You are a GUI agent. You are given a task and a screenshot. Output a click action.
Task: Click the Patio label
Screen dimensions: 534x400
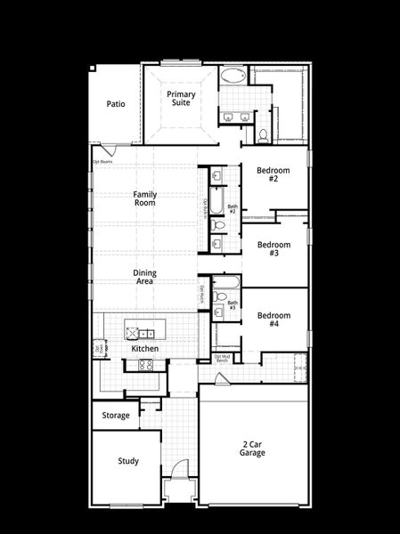pos(116,104)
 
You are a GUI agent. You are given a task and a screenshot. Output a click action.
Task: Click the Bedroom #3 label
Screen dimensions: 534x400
pos(274,248)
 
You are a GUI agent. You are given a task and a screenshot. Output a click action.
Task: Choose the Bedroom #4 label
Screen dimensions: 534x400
pos(274,320)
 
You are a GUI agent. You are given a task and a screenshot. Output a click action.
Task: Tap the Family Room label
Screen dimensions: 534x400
pos(144,198)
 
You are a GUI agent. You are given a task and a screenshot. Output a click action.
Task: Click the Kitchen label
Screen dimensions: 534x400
pos(144,349)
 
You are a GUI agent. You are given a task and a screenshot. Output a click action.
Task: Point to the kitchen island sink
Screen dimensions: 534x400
pos(135,335)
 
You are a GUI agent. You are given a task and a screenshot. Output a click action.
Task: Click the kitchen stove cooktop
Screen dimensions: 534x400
pos(147,364)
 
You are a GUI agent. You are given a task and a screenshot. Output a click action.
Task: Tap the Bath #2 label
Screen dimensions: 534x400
pos(232,209)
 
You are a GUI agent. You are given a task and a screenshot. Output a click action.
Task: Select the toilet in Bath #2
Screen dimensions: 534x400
pos(219,224)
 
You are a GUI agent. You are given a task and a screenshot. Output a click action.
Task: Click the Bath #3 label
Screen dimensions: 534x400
pos(233,305)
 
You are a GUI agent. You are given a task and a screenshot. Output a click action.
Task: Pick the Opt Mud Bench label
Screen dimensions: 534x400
pos(223,359)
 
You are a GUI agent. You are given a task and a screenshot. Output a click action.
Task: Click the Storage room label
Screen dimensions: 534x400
pos(116,415)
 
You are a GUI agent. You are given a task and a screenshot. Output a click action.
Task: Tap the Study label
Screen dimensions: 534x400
pos(128,461)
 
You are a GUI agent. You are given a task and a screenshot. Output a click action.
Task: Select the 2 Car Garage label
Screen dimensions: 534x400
pos(252,448)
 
